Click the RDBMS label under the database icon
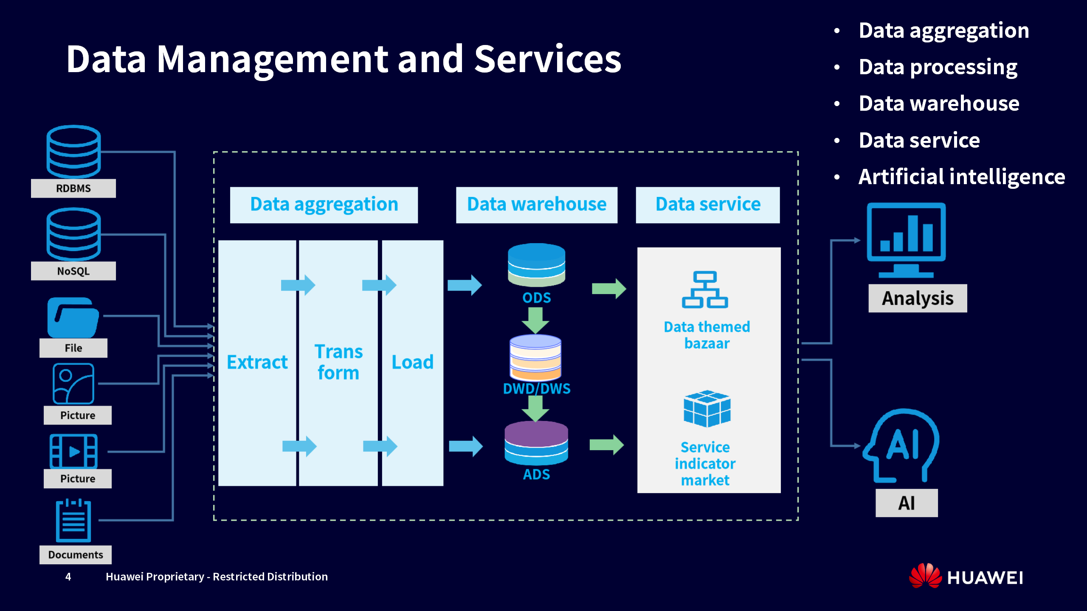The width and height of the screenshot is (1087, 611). pyautogui.click(x=73, y=188)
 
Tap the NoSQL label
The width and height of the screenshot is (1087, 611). pyautogui.click(x=73, y=271)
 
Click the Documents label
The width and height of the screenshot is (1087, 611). pyautogui.click(x=76, y=555)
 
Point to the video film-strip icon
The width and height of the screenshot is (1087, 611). pyautogui.click(x=73, y=451)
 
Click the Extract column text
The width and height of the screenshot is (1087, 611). pyautogui.click(x=257, y=362)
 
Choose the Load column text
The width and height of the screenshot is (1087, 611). pyautogui.click(x=412, y=362)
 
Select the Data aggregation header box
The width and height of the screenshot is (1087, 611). pyautogui.click(x=324, y=205)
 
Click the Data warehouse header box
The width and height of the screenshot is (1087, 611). pyautogui.click(x=537, y=205)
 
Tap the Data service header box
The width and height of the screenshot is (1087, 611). pyautogui.click(x=708, y=205)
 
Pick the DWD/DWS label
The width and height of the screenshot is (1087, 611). pyautogui.click(x=537, y=389)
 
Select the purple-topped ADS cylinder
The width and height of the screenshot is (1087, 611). pyautogui.click(x=536, y=443)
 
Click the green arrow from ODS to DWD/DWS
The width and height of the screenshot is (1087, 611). pyautogui.click(x=535, y=320)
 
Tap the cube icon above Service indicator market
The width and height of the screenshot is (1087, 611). pyautogui.click(x=707, y=409)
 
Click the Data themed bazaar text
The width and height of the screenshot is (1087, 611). pyautogui.click(x=707, y=335)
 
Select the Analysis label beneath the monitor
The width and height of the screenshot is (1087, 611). pyautogui.click(x=918, y=298)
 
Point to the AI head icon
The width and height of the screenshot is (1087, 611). pyautogui.click(x=902, y=446)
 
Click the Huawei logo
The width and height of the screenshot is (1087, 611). pyautogui.click(x=966, y=577)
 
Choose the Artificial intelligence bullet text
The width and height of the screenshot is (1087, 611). pyautogui.click(x=962, y=177)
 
